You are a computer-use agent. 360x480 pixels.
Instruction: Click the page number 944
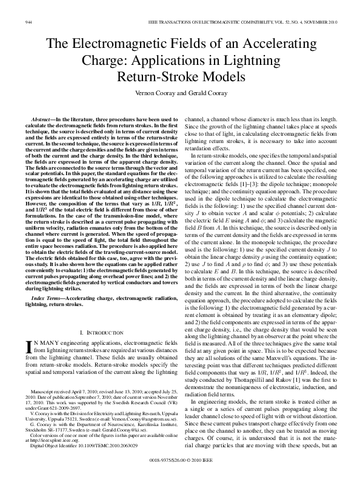[x=28, y=21]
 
